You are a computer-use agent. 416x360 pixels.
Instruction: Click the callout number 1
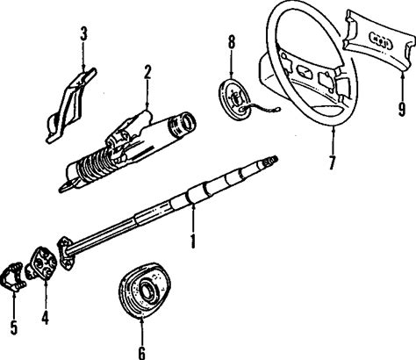pos(193,241)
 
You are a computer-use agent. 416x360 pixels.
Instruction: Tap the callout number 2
pos(147,72)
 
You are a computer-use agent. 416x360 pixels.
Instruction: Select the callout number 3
pos(83,33)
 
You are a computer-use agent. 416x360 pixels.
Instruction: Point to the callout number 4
pos(45,317)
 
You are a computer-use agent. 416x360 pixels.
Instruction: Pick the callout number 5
pos(14,328)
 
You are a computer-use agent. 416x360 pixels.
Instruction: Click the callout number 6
pos(141,352)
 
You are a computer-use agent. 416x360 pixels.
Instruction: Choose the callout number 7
pos(332,162)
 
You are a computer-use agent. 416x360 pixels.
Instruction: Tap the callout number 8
pos(232,42)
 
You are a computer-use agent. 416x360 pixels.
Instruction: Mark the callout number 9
pos(402,109)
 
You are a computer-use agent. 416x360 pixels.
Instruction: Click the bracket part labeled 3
pos(70,105)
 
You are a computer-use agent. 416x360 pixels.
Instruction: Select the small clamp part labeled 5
pos(13,277)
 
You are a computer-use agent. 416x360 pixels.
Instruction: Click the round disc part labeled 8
pos(234,98)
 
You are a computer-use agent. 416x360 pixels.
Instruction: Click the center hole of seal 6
pos(146,292)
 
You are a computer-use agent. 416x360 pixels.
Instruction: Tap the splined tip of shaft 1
pos(271,161)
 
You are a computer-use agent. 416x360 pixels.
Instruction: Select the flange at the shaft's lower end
pos(66,253)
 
